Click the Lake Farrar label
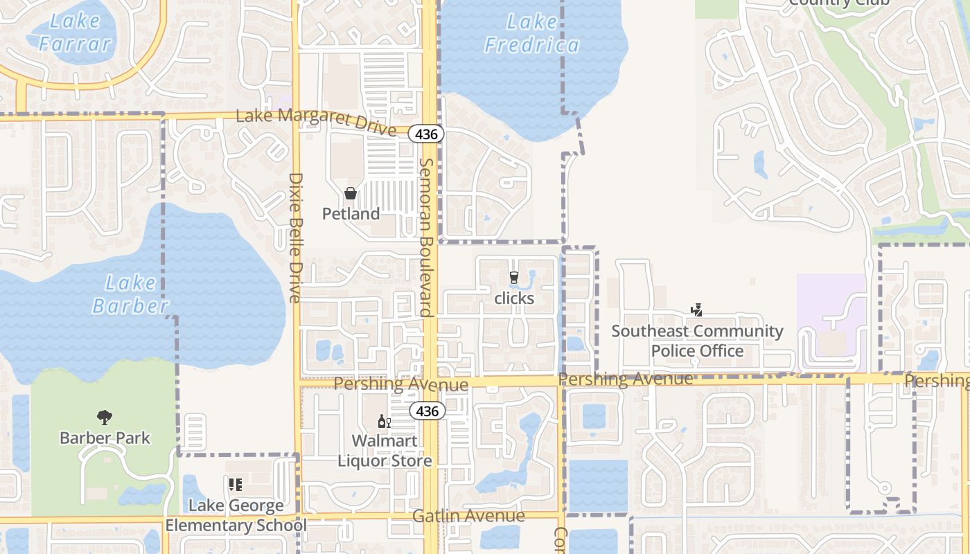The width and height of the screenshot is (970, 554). (x=75, y=33)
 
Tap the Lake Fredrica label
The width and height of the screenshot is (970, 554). (x=531, y=34)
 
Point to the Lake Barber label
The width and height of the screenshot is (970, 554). (x=130, y=294)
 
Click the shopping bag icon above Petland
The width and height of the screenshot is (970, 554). (x=351, y=193)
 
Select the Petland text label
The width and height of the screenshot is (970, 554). (x=351, y=214)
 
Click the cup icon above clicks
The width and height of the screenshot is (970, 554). (x=513, y=278)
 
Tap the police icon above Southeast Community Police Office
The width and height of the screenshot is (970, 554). (x=697, y=310)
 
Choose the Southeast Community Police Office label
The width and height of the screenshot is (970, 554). (x=697, y=341)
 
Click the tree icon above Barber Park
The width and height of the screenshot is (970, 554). (x=105, y=417)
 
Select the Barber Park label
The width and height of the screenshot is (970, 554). (x=105, y=438)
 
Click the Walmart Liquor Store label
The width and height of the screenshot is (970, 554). (x=385, y=451)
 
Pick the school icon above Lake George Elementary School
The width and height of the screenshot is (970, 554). (x=236, y=485)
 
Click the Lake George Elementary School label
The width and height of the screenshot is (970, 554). (x=236, y=515)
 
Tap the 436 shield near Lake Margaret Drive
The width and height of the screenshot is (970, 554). (x=426, y=134)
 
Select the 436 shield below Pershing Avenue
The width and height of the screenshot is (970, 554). (x=427, y=411)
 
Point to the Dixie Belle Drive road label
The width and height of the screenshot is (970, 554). (x=295, y=238)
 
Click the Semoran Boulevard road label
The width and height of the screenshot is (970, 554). (x=426, y=237)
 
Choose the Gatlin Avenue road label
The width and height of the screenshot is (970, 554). (x=468, y=516)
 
